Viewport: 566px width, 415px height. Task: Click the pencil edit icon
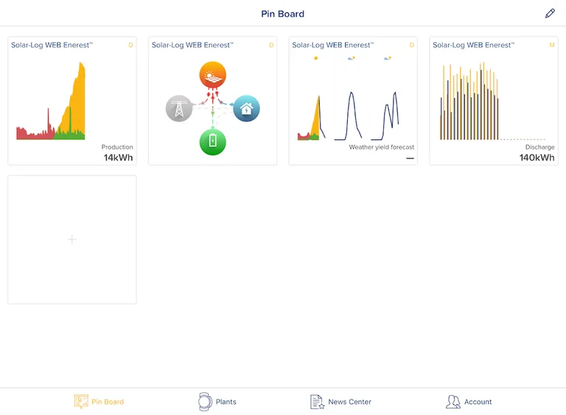[550, 13]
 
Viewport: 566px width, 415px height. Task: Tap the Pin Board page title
[282, 14]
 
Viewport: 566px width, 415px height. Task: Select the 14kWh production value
[118, 158]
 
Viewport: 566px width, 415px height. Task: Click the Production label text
[117, 147]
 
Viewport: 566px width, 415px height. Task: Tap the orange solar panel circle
[212, 75]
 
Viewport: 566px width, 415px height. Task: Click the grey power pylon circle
[179, 109]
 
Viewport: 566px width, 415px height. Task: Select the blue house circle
[246, 109]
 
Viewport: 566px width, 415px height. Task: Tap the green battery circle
[212, 142]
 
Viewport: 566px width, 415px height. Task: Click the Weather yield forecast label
[381, 147]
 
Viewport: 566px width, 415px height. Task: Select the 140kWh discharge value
[537, 158]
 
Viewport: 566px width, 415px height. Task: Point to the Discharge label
[539, 147]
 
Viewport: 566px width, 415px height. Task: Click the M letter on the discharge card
[551, 45]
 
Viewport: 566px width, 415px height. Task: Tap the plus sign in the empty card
[71, 240]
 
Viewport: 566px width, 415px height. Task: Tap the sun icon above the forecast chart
[315, 57]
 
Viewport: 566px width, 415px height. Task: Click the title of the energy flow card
[192, 45]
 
